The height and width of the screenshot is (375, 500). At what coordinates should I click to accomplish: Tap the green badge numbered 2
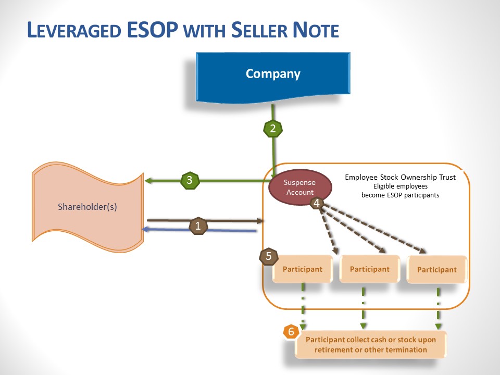tap(273, 129)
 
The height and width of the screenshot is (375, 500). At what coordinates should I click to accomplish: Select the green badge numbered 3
tap(190, 181)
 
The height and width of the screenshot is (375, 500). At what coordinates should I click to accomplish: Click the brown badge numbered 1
tap(197, 226)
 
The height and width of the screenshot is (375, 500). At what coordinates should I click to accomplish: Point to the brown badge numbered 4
tap(317, 203)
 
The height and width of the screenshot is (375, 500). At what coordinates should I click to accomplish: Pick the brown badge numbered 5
tap(269, 256)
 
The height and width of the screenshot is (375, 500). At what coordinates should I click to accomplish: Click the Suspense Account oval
tap(299, 187)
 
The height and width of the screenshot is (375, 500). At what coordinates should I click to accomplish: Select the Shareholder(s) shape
tap(87, 207)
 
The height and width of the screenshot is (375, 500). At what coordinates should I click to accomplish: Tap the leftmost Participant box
tap(302, 269)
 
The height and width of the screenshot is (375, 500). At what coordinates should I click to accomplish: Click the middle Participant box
tap(369, 269)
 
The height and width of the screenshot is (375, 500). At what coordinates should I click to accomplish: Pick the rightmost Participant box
tap(436, 269)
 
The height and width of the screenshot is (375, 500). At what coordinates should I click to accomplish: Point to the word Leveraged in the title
tap(74, 30)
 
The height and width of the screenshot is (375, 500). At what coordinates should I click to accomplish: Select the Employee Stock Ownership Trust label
tap(400, 177)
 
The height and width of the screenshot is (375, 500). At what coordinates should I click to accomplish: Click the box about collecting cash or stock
tap(371, 344)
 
